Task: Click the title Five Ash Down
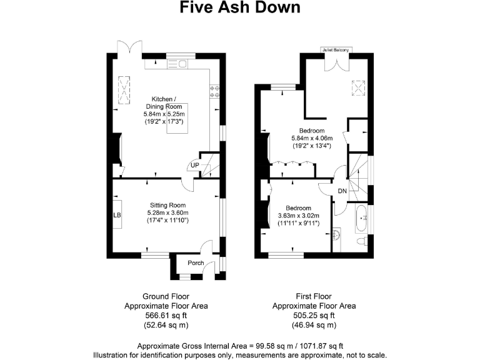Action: (x=240, y=8)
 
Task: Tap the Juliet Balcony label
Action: (x=336, y=49)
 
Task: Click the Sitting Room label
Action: (x=167, y=205)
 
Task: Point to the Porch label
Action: (x=196, y=262)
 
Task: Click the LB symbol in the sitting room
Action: (x=117, y=215)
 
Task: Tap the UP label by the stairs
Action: (x=195, y=165)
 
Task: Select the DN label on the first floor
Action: (x=342, y=191)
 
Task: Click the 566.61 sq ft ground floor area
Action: (x=166, y=316)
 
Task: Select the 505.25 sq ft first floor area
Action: (x=314, y=316)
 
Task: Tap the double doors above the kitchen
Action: (x=125, y=49)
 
